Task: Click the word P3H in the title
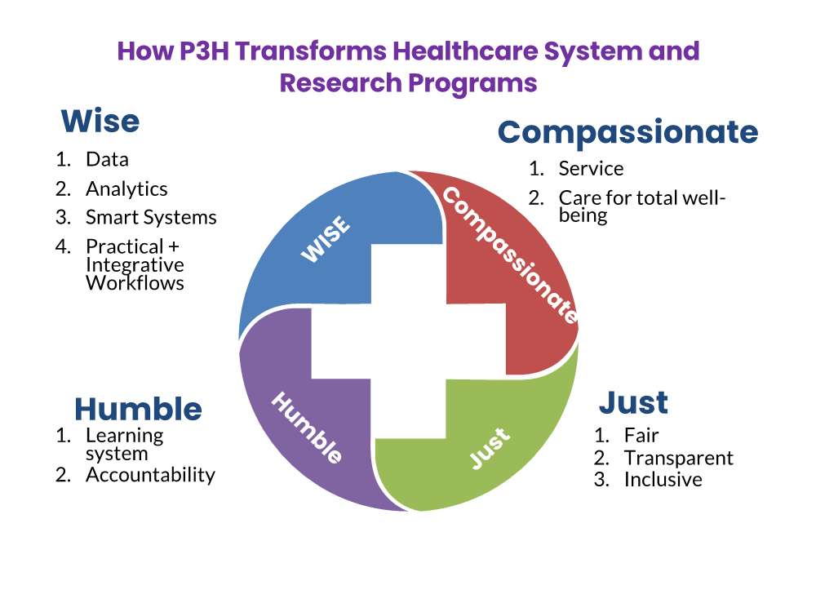(x=203, y=51)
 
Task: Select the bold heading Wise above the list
(x=100, y=122)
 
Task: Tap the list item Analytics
(x=126, y=189)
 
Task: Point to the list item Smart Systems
(x=151, y=218)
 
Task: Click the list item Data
(x=107, y=160)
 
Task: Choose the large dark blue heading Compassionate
(x=628, y=133)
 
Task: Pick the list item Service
(x=591, y=169)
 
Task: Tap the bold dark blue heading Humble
(x=138, y=409)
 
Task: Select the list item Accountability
(x=150, y=475)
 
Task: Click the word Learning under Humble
(x=124, y=436)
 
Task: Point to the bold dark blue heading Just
(x=633, y=403)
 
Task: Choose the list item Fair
(x=641, y=436)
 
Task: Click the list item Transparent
(x=679, y=459)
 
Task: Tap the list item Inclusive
(x=663, y=480)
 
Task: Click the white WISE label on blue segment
(x=326, y=239)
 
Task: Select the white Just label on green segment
(x=490, y=449)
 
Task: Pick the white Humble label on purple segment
(x=307, y=428)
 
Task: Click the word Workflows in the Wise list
(x=135, y=284)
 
